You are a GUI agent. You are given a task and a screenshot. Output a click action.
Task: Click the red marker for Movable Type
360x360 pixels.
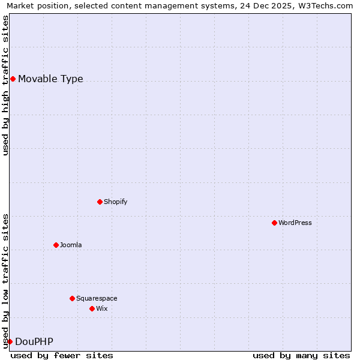tap(13, 79)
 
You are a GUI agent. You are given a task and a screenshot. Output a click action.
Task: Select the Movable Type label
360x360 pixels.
tap(50, 79)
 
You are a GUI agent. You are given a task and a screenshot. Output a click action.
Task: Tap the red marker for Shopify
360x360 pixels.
tap(100, 202)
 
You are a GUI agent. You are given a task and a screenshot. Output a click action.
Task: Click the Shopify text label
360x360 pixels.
tap(115, 202)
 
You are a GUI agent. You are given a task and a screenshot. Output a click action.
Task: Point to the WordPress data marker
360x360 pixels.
tap(274, 223)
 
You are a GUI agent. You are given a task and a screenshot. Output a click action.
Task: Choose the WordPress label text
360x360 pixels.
tap(295, 223)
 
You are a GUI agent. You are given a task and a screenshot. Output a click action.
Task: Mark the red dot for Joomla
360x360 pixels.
tap(56, 245)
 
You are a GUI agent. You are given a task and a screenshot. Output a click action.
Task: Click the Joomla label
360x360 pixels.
tap(70, 245)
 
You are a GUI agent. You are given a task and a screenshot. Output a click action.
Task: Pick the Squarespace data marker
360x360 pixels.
tap(72, 298)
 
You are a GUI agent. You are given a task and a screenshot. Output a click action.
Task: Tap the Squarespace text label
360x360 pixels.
tap(97, 299)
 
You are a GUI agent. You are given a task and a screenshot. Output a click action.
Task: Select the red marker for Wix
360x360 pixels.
tap(92, 308)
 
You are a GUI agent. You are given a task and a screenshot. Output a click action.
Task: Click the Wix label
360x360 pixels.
tap(101, 309)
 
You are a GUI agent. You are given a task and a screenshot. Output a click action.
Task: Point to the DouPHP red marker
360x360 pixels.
tap(10, 341)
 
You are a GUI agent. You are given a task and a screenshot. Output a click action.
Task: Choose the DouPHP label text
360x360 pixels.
tap(34, 342)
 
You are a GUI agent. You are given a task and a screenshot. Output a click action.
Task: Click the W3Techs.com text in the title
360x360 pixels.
tap(325, 6)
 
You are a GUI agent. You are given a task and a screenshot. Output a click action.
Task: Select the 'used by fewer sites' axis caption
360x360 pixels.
tap(62, 355)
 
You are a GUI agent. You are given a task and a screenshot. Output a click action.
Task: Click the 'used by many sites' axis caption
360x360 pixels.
tap(301, 355)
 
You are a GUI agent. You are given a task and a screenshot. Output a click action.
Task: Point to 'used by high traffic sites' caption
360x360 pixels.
tap(6, 85)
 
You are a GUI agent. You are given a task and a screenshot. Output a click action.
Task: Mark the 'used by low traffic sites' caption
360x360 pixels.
tap(6, 281)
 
